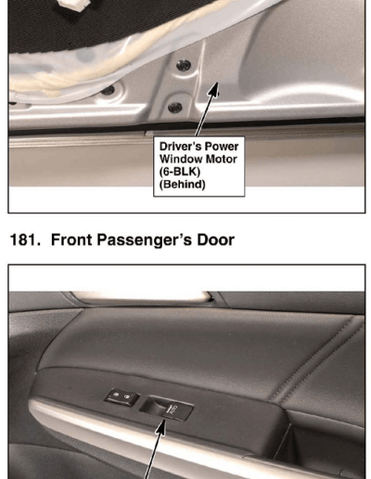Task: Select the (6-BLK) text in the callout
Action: point(180,172)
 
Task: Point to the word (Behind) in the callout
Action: point(182,185)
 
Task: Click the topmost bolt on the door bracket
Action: point(184,65)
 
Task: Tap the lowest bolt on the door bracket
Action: point(174,107)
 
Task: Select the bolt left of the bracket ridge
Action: point(108,90)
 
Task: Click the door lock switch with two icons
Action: point(122,396)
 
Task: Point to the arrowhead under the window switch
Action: point(161,428)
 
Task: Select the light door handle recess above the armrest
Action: point(140,296)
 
